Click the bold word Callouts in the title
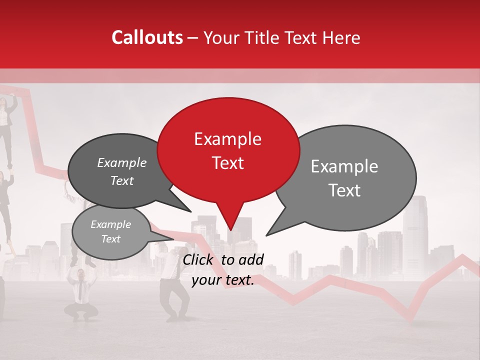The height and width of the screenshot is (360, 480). point(147,37)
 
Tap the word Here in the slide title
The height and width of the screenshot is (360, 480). point(341,37)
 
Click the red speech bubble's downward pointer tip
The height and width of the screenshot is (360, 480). point(230,230)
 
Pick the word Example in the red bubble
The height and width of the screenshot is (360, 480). point(227,139)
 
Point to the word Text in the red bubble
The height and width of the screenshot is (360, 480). point(227,163)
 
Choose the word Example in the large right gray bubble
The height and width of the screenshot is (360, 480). point(344,166)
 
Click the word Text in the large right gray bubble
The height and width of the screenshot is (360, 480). point(344,190)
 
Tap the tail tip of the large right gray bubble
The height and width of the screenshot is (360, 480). point(266,235)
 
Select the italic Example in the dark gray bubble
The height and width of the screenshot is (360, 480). point(121,162)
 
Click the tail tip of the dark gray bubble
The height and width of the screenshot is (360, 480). point(190,211)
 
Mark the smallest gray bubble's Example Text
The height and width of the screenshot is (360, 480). point(110,231)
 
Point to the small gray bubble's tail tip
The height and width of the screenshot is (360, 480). point(173,238)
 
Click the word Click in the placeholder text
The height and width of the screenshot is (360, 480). point(199,259)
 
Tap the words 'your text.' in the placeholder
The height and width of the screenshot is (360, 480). point(223,280)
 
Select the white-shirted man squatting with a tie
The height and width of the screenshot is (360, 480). point(80,292)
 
